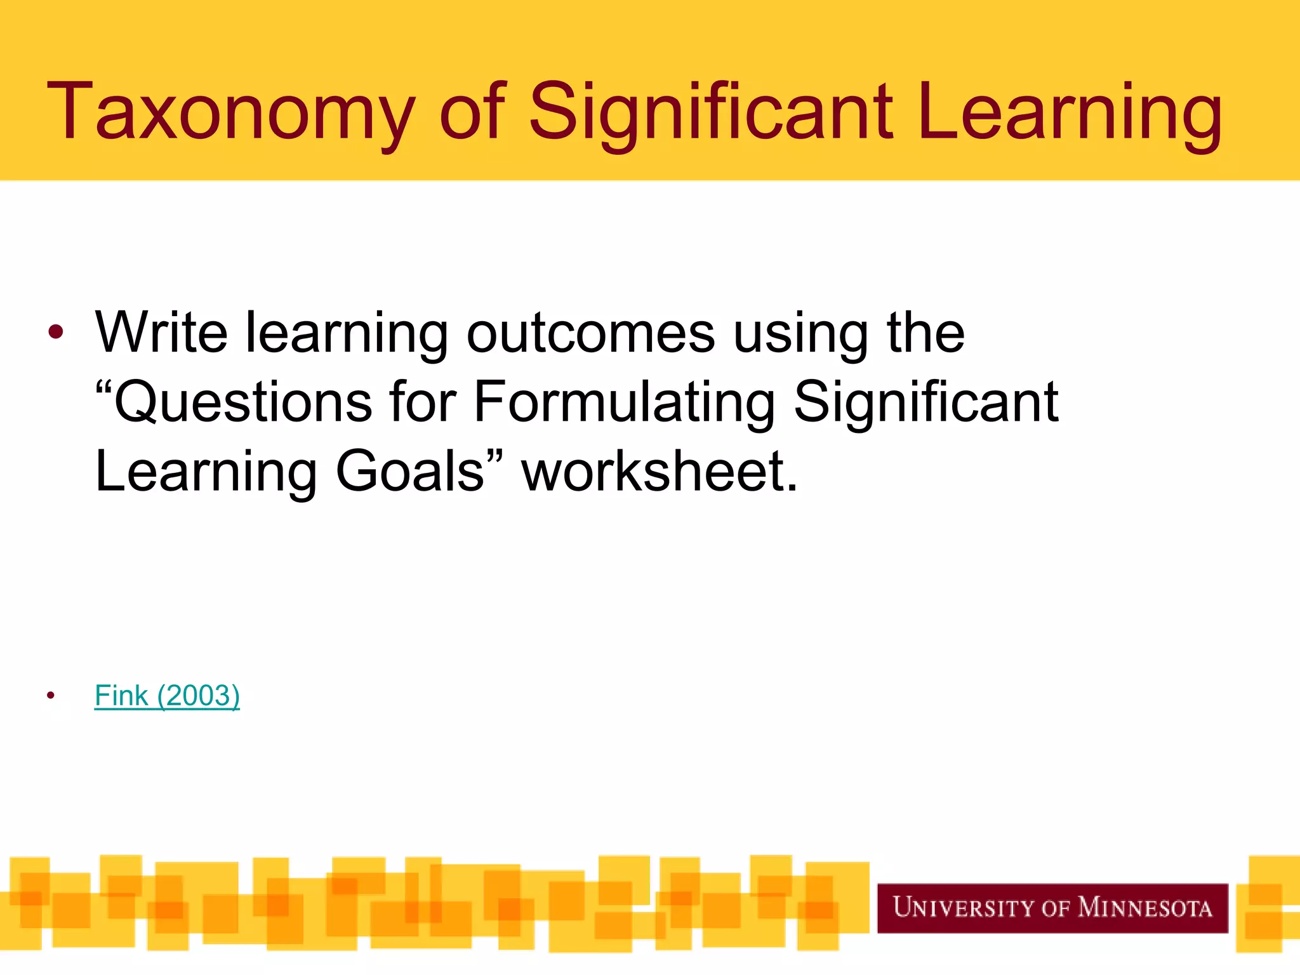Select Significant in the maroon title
(712, 113)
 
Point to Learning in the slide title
(1069, 113)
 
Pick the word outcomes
(590, 333)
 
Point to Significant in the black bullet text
(926, 404)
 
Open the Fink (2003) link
(167, 696)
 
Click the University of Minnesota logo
(1052, 908)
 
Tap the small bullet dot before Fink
(51, 696)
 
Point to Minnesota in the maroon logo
(1145, 908)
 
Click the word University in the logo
(964, 908)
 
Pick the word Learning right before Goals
(206, 472)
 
